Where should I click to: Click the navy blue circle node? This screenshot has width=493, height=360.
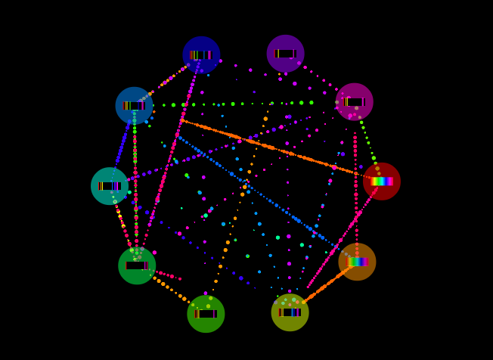click(201, 54)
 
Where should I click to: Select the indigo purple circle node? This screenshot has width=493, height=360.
click(285, 54)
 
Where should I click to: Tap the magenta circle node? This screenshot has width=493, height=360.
click(354, 101)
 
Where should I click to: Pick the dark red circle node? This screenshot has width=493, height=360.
click(381, 182)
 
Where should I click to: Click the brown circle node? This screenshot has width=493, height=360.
click(357, 262)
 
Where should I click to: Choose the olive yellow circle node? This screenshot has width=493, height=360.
click(290, 312)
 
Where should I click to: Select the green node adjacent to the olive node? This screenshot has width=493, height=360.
click(206, 314)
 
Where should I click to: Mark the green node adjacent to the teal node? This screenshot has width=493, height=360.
click(137, 265)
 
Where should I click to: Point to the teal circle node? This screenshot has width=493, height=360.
click(110, 186)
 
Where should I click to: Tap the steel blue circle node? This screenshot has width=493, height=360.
click(134, 106)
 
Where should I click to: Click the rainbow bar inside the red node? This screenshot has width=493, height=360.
click(381, 182)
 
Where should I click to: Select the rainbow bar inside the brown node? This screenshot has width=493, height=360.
click(357, 262)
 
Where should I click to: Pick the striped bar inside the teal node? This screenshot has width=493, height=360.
click(110, 186)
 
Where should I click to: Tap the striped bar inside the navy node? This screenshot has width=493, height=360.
click(201, 54)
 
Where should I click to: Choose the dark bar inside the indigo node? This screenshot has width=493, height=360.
click(285, 54)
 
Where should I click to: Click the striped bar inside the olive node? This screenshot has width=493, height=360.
click(290, 312)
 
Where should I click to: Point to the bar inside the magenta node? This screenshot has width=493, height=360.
click(354, 101)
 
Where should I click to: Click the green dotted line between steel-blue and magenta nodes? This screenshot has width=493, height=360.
click(242, 104)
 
